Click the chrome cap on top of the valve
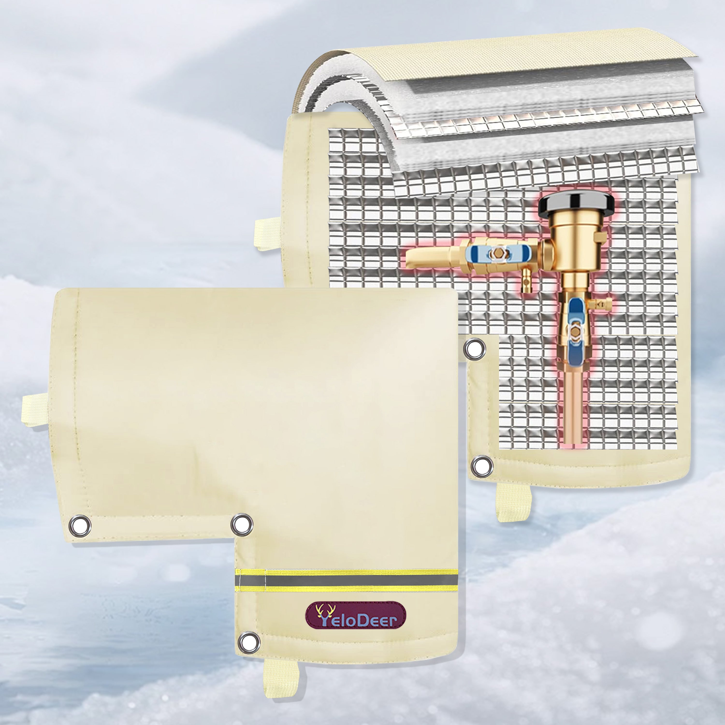[x=577, y=204]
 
